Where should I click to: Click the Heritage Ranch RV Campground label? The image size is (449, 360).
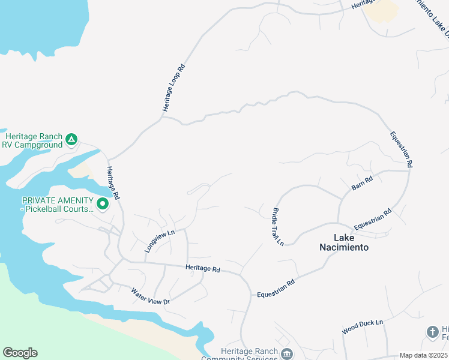point(32,140)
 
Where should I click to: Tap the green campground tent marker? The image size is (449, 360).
point(71,140)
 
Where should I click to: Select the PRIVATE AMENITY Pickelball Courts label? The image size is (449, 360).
point(58,205)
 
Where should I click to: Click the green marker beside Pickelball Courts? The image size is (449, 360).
point(103,205)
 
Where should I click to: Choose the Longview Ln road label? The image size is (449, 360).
point(159,240)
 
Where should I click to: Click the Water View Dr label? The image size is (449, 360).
point(151,297)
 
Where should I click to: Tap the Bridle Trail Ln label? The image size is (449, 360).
point(278,226)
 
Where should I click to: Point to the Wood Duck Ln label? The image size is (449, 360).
point(363,327)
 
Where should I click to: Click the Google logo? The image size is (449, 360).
point(20,353)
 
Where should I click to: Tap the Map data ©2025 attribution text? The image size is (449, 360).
point(423,355)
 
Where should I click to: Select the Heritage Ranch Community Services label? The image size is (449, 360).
point(249,355)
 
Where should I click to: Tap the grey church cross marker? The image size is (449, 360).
point(432,331)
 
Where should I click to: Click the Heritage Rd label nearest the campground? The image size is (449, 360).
point(113,183)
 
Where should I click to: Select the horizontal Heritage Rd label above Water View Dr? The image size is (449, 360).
point(203,268)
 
